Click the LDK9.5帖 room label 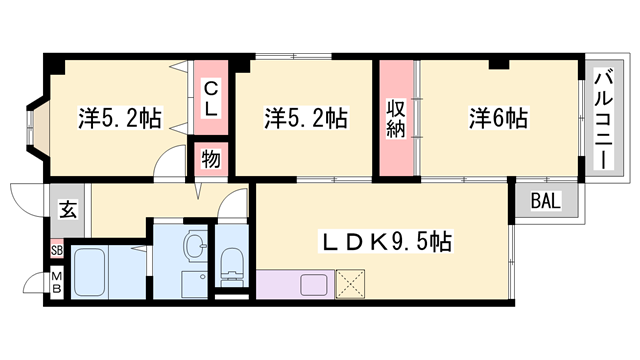point(387,242)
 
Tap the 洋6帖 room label point(498,118)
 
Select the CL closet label point(210,99)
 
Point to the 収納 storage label point(396,119)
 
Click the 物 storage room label point(211,159)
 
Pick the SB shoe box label point(57,250)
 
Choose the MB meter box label point(57,282)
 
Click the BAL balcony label point(546,200)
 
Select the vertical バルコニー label point(604,120)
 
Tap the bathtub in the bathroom point(90,273)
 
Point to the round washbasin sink point(195,245)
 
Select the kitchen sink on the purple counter point(313,284)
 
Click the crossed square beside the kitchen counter point(350,284)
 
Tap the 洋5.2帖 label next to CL point(120,118)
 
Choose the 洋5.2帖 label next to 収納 point(306,118)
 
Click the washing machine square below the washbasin point(194,284)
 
